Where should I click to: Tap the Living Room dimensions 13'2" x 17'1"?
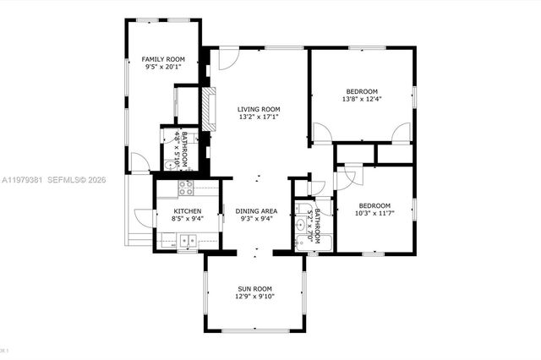(x=259, y=117)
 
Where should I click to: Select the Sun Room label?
(x=254, y=288)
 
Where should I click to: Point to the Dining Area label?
(x=256, y=210)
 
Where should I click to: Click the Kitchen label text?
(x=187, y=210)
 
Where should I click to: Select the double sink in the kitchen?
(x=187, y=242)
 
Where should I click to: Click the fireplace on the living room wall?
(x=205, y=106)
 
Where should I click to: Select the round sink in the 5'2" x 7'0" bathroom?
(x=301, y=226)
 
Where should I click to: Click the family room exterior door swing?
(x=139, y=163)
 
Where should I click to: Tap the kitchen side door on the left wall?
(x=144, y=217)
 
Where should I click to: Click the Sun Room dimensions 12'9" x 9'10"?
(x=254, y=297)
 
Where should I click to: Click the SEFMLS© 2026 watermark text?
(x=75, y=179)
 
